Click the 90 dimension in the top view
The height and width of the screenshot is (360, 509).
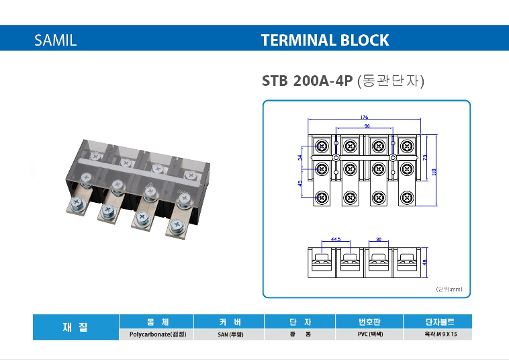(x=367, y=126)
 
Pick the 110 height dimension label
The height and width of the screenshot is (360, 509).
(x=434, y=171)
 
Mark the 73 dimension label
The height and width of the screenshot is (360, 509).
(x=425, y=157)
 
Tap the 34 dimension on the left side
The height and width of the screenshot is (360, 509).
(x=301, y=158)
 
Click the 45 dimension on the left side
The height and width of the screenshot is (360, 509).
(x=301, y=184)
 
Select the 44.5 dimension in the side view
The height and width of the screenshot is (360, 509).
(x=336, y=238)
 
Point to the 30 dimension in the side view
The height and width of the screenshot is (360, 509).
(x=379, y=238)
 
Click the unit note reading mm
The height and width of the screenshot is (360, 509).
(x=449, y=289)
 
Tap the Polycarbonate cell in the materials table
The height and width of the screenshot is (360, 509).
(x=156, y=334)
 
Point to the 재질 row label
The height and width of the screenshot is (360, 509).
(x=75, y=327)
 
